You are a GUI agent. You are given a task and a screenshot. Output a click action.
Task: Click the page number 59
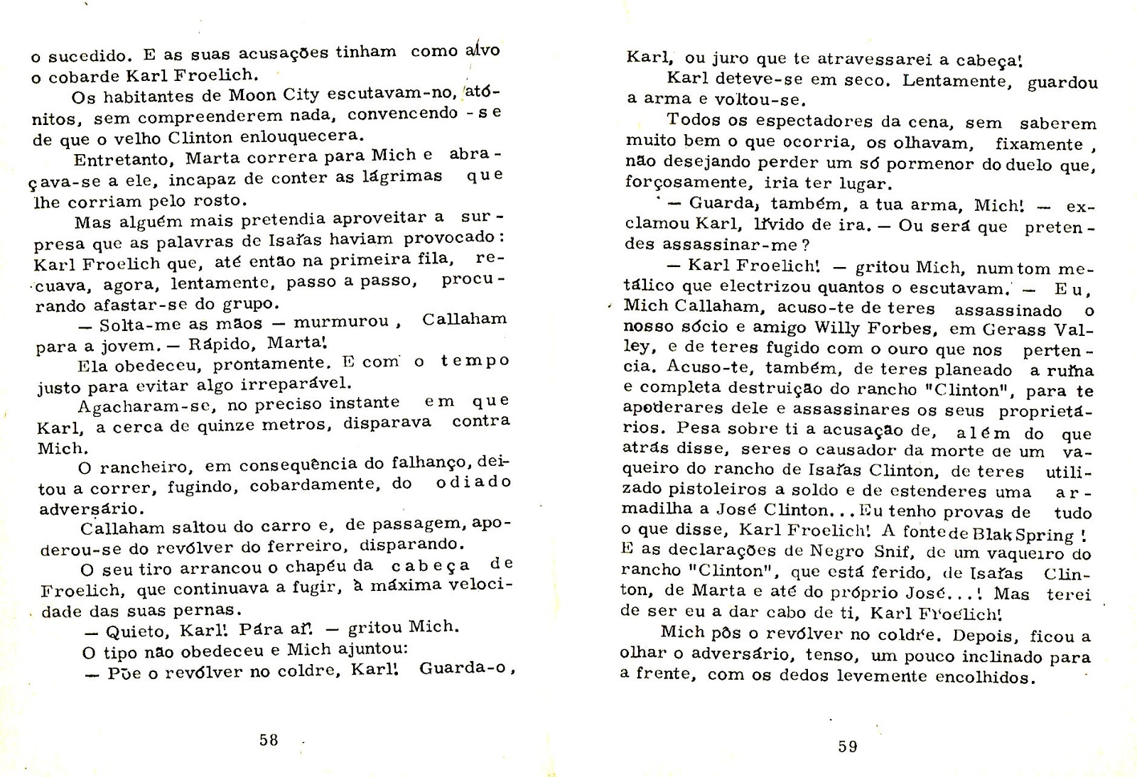coord(848,746)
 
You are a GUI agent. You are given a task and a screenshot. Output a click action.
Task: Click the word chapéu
coord(334,567)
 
